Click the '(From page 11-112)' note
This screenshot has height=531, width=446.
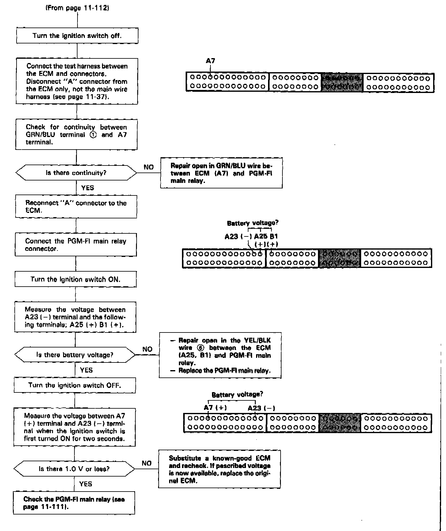(77, 8)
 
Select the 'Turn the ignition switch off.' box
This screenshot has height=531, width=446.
(77, 36)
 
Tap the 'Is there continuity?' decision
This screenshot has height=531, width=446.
(76, 173)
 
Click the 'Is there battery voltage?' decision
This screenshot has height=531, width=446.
(75, 355)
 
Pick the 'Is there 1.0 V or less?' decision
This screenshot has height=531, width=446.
(74, 469)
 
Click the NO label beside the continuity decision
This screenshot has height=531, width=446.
(149, 167)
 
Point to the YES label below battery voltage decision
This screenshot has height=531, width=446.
(86, 370)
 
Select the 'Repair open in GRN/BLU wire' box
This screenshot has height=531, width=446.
(221, 173)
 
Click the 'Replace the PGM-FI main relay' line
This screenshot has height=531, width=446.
(221, 371)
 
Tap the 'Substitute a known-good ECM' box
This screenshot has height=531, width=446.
(219, 469)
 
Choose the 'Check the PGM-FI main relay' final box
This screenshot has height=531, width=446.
(74, 503)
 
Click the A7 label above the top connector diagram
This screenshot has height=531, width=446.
(210, 61)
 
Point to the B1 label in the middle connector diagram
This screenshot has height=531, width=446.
(274, 236)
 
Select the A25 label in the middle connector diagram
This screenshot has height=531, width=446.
(261, 236)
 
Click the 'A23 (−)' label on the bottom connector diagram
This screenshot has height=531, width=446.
(261, 408)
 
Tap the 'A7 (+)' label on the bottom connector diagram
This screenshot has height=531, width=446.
(215, 407)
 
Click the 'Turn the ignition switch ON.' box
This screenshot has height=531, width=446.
(75, 279)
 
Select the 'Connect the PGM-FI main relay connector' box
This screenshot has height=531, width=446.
(76, 245)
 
